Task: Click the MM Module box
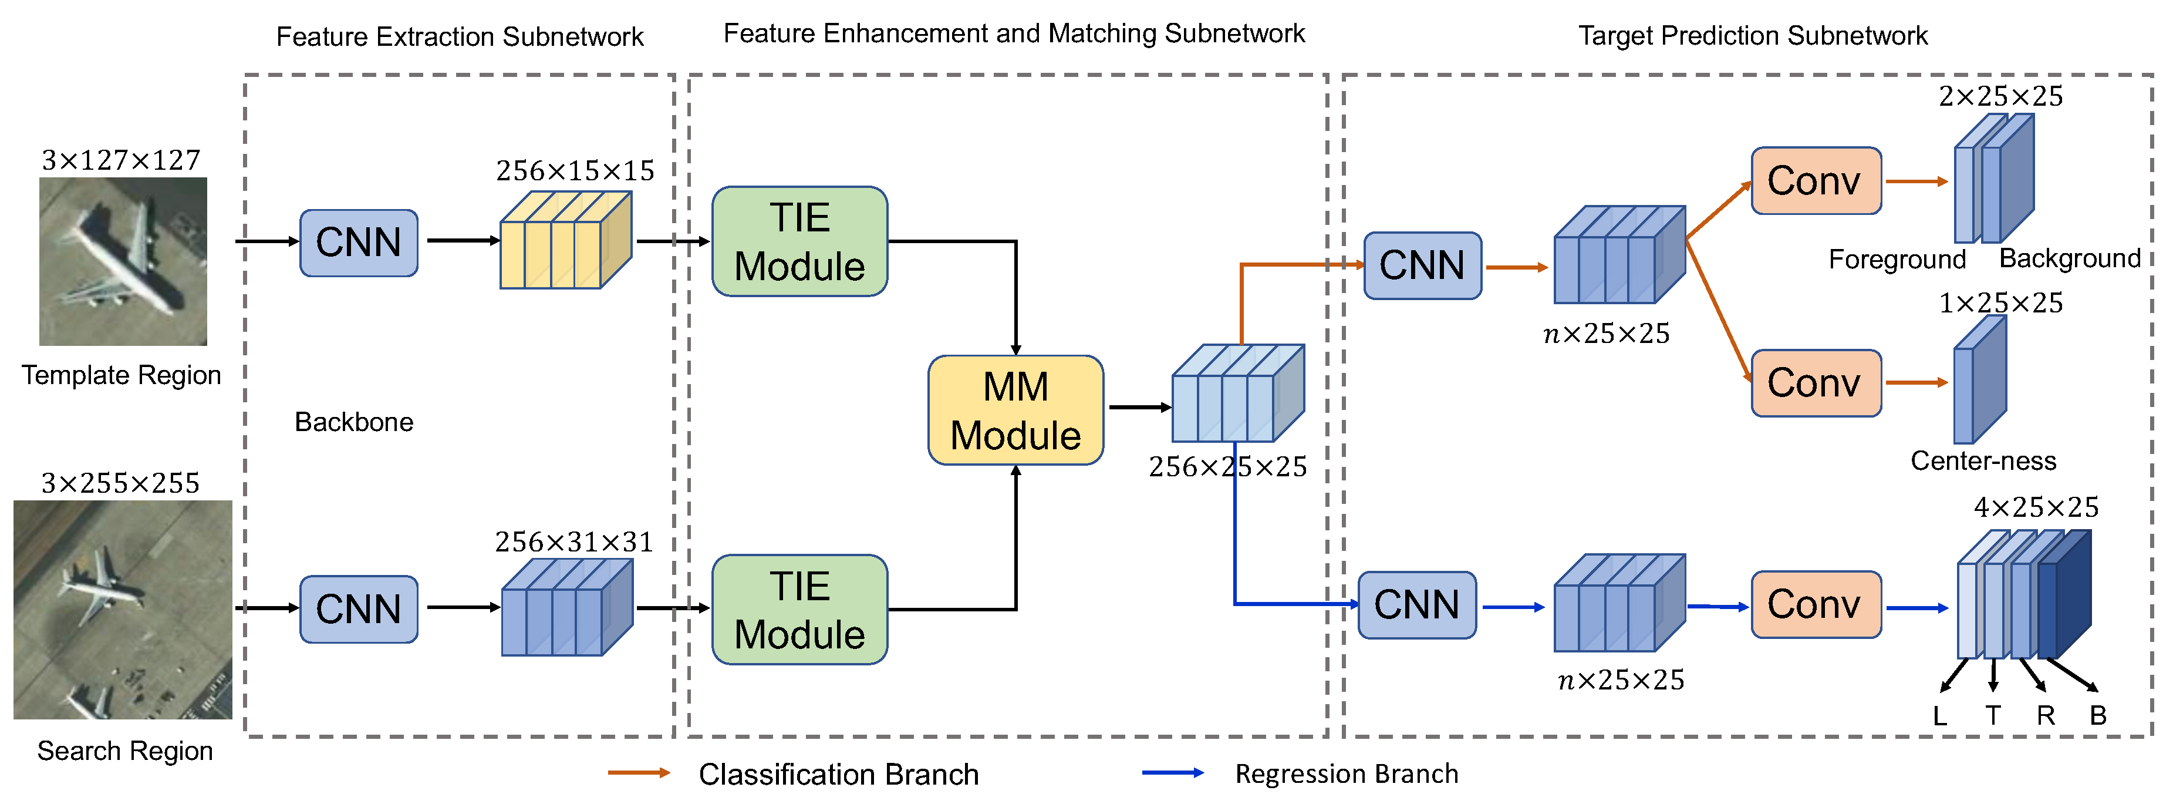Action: [x=1015, y=410]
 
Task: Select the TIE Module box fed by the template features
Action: [x=799, y=241]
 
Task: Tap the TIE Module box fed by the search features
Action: [x=799, y=609]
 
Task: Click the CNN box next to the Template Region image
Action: [x=359, y=242]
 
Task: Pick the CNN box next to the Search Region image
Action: [x=359, y=609]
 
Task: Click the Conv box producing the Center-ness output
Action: [x=1816, y=383]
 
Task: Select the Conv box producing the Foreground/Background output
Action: [x=1816, y=180]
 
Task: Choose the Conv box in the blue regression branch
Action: [x=1816, y=605]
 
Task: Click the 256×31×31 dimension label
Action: [x=573, y=541]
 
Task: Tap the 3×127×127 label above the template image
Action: [x=122, y=160]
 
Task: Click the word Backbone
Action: [x=353, y=422]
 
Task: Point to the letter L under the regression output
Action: [x=1939, y=716]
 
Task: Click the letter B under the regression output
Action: [x=2098, y=716]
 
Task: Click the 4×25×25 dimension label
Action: [x=2036, y=507]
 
